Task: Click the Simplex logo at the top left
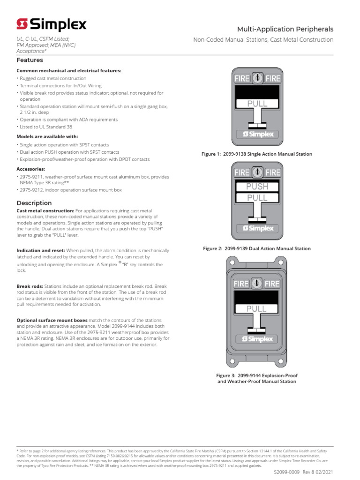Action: pyautogui.click(x=51, y=24)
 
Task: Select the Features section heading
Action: pyautogui.click(x=30, y=60)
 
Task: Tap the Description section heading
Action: pyautogui.click(x=34, y=203)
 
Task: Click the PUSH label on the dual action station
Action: pyautogui.click(x=257, y=187)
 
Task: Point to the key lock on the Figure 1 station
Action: pyautogui.click(x=257, y=79)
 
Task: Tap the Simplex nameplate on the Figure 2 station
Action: pyautogui.click(x=257, y=228)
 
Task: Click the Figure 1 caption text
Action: pyautogui.click(x=256, y=154)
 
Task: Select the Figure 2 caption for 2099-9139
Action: pyautogui.click(x=256, y=248)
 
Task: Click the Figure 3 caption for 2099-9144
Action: pyautogui.click(x=256, y=378)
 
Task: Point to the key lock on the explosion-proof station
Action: pyautogui.click(x=257, y=284)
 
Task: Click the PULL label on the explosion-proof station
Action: pyautogui.click(x=257, y=308)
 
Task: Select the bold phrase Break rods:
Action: pyautogui.click(x=30, y=286)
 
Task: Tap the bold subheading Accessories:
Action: pyautogui.click(x=30, y=169)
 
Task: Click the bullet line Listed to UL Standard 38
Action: pyautogui.click(x=46, y=127)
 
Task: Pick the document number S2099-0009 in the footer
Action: pyautogui.click(x=287, y=473)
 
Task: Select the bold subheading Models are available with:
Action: pyautogui.click(x=47, y=136)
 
